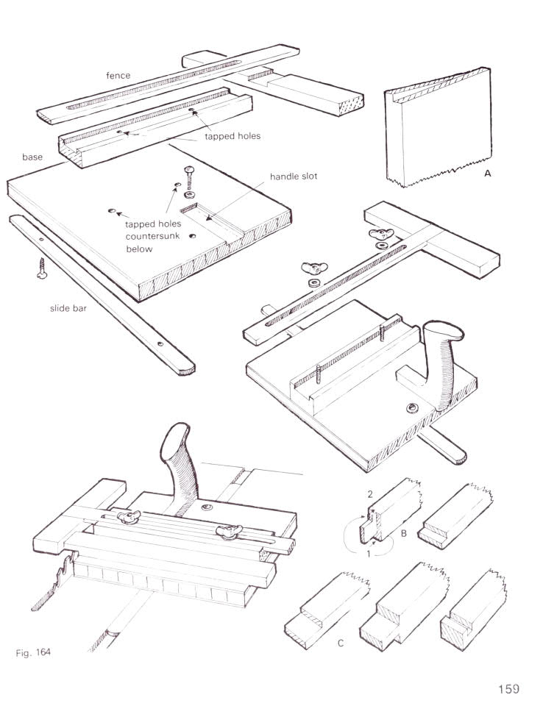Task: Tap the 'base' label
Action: coord(33,157)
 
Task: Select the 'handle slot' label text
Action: coord(294,177)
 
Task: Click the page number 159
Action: coord(508,689)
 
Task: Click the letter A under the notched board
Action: coord(486,175)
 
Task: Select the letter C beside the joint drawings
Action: coord(341,643)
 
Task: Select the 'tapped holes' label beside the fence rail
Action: coord(233,135)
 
